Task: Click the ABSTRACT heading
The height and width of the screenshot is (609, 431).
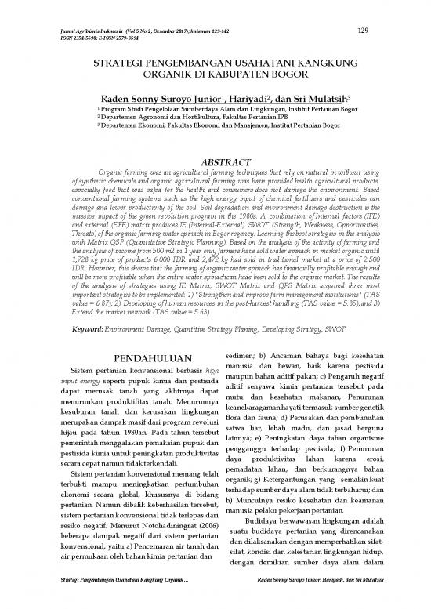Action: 216,161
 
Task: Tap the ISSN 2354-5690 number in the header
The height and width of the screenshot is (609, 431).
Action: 78,38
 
